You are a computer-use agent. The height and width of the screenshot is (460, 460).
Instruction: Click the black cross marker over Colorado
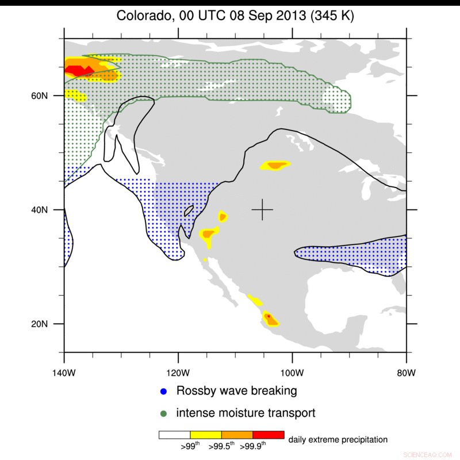point(262,210)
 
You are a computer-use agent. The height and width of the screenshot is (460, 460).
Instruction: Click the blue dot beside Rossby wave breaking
point(164,392)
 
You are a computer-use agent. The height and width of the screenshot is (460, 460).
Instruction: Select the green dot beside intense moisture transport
point(164,413)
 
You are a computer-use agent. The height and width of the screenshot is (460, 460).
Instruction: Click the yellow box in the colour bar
point(206,435)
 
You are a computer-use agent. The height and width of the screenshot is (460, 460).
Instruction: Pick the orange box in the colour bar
point(237,435)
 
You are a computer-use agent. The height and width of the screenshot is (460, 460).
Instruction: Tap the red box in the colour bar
point(269,435)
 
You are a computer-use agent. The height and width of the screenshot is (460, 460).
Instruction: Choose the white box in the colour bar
point(174,435)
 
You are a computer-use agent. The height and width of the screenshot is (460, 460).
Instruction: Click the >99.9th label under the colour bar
point(253,445)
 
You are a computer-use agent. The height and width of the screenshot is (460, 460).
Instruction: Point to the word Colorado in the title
point(143,16)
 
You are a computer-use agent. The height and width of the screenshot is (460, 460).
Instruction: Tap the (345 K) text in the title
point(332,16)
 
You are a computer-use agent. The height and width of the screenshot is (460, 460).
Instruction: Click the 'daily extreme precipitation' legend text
point(338,440)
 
